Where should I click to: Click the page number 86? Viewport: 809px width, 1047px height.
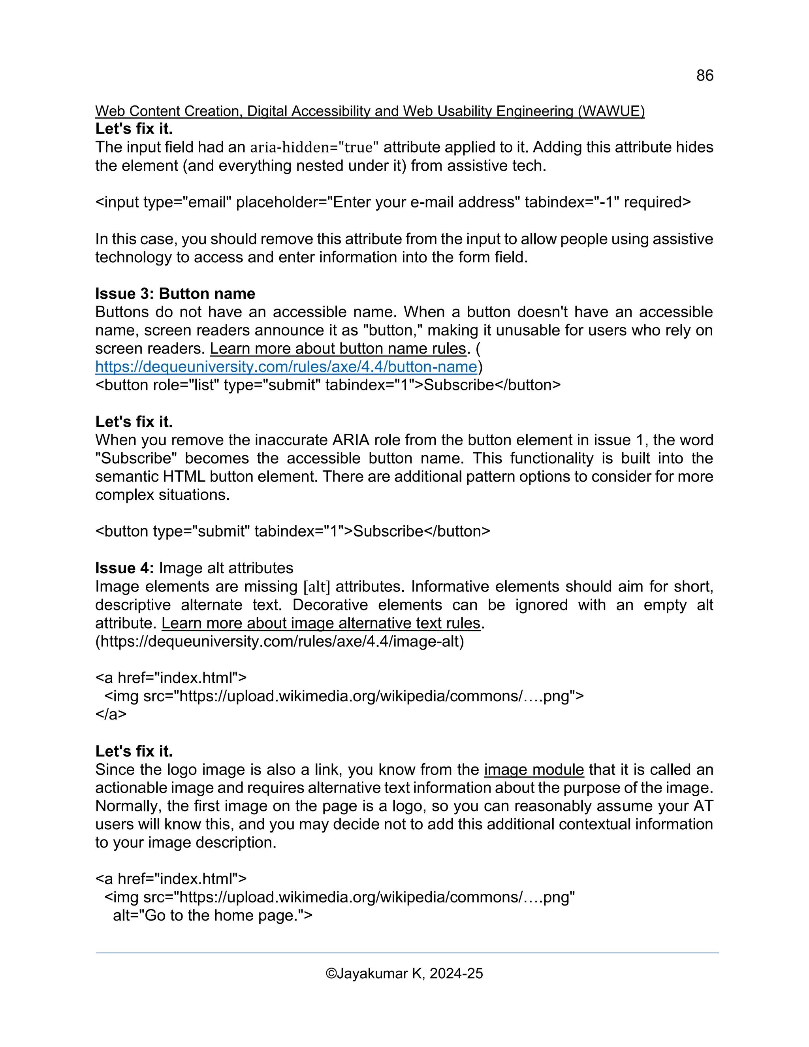tap(705, 75)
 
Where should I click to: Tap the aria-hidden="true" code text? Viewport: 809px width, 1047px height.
tap(314, 147)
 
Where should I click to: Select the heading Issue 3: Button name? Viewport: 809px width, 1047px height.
tap(175, 294)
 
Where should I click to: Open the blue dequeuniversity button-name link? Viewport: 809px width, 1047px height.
tap(286, 367)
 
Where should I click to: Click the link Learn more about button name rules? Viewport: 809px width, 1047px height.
tap(338, 348)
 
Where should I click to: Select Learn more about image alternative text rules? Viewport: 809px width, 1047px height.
tap(321, 623)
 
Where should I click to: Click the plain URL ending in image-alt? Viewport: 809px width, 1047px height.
tap(279, 641)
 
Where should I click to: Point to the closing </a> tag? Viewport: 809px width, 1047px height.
tap(111, 714)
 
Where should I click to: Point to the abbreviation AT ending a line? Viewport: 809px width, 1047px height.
tap(703, 806)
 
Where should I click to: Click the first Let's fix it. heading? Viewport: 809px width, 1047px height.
tap(134, 129)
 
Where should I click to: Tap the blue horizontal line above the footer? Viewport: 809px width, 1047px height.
tap(407, 953)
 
